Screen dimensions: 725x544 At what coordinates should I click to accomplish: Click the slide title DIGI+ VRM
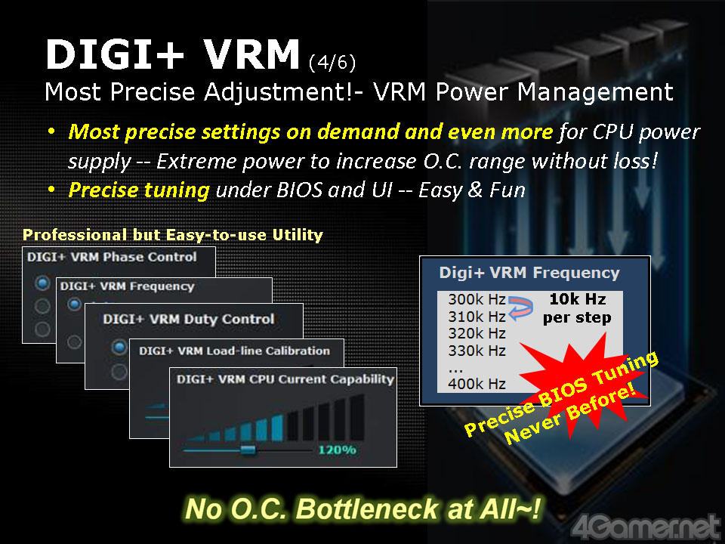tap(172, 54)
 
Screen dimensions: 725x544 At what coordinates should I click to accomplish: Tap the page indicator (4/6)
tap(332, 63)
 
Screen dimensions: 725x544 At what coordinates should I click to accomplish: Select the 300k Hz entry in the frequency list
tap(477, 300)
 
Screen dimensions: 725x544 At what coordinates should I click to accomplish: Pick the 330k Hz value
tap(477, 351)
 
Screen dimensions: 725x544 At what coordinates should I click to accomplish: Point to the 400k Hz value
tap(477, 384)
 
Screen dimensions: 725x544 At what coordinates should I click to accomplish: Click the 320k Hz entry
tap(477, 333)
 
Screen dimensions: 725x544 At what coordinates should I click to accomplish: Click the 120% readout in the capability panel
tap(337, 450)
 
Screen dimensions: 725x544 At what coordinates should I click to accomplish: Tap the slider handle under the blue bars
tap(248, 450)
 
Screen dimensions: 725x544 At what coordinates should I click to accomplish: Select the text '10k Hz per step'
tap(577, 308)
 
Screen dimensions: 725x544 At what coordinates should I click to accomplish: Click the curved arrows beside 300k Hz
tap(520, 308)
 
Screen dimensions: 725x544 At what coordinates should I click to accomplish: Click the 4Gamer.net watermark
tap(646, 527)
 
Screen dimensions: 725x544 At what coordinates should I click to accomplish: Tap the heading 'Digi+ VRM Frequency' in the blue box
tap(529, 273)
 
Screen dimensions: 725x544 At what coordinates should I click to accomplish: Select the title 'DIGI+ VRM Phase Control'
tap(112, 257)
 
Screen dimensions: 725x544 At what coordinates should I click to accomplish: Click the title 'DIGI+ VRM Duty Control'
tap(189, 319)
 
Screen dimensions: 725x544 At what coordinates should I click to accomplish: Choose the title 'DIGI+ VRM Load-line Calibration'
tap(234, 351)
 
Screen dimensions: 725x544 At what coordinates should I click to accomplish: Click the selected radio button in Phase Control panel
tap(42, 283)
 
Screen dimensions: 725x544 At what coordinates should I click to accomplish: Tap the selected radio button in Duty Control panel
tap(119, 347)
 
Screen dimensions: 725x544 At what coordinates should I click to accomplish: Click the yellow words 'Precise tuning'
tap(139, 190)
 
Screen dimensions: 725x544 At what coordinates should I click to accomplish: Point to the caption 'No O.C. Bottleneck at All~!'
tap(362, 508)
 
